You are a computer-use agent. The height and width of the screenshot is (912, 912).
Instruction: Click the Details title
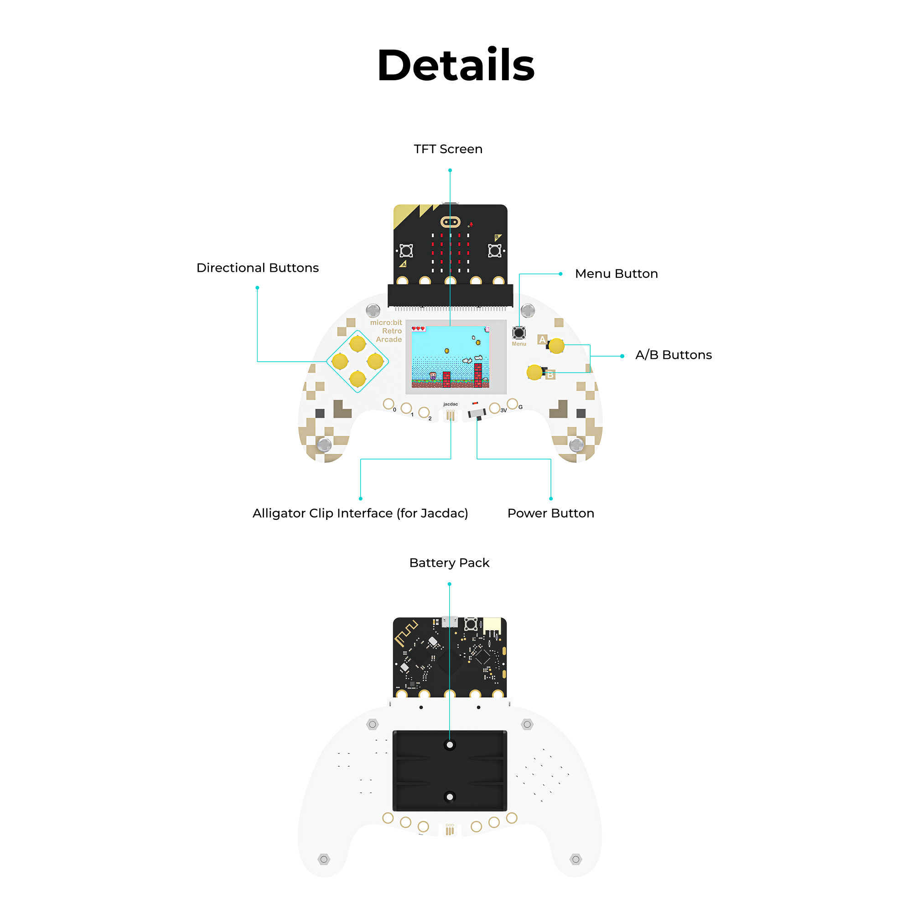coord(456,65)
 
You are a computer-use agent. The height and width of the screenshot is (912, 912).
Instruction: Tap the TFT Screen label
coord(448,149)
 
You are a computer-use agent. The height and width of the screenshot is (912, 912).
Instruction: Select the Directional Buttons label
coord(257,268)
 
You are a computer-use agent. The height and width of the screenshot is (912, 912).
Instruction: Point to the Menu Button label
coord(616,274)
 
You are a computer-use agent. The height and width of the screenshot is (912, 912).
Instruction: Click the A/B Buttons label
coord(673,355)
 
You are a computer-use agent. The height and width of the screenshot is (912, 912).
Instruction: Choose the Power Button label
coord(550,513)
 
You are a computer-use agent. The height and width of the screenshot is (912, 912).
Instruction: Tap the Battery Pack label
coord(449,563)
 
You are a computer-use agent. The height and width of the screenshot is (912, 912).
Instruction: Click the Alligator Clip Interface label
coord(360,513)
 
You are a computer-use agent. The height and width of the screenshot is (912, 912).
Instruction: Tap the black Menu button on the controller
coord(519,333)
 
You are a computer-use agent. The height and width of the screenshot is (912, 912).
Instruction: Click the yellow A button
coord(556,346)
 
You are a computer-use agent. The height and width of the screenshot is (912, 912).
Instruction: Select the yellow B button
coord(534,372)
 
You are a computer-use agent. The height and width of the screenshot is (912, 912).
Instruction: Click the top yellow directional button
coord(358,344)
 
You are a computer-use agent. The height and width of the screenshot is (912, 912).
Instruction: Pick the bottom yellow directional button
coord(358,378)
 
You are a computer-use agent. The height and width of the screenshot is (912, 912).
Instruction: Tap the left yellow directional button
coord(340,362)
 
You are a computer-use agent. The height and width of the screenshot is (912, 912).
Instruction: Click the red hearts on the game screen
coord(418,328)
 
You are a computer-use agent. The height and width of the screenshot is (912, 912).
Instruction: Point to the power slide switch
coord(477,414)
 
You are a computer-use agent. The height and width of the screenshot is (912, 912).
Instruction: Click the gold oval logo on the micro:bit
coord(450,222)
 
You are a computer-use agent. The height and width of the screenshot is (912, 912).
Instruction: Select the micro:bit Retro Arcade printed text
coord(387,331)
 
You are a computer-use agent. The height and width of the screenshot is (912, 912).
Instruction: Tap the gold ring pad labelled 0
coord(388,404)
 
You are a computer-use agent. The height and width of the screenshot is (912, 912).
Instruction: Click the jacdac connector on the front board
coord(451,415)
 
